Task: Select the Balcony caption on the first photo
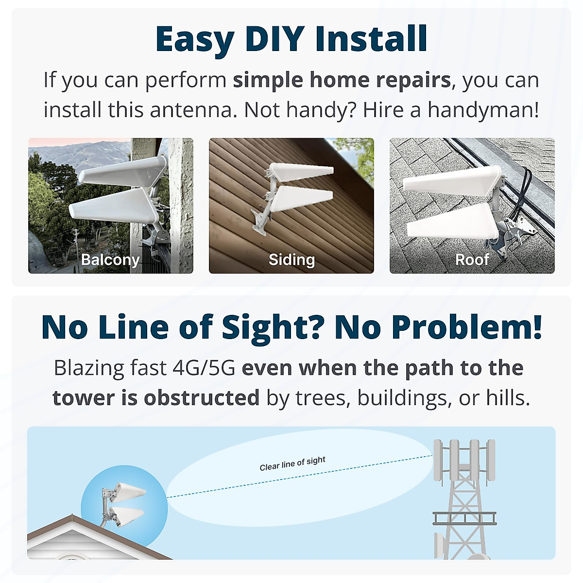point(110,260)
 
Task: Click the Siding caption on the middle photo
point(291,260)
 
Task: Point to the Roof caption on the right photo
point(472,260)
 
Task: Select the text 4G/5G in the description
point(204,368)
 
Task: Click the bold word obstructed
point(202,398)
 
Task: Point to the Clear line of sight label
point(292,463)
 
